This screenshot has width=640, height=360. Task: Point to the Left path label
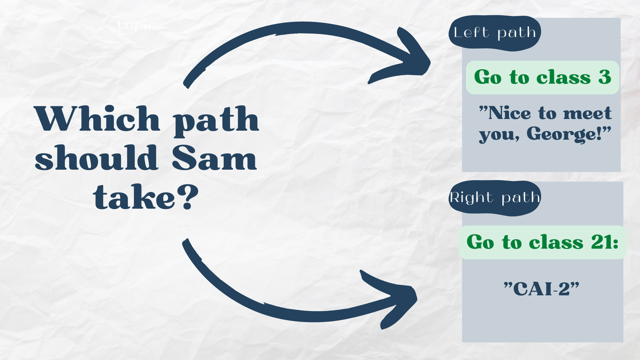pos(494,33)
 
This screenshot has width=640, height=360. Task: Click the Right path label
pos(494,197)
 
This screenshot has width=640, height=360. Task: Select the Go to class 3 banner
pos(542,77)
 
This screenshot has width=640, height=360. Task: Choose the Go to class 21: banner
pos(542,242)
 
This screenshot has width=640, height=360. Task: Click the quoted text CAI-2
pos(544,288)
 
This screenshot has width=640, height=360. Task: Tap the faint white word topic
pos(134,25)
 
